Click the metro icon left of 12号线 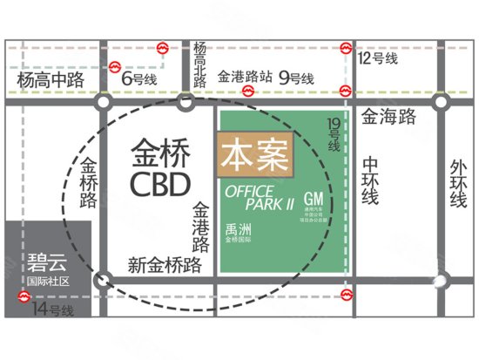(x=347, y=49)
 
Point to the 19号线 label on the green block (x=333, y=136)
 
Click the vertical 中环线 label (x=371, y=180)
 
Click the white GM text (x=314, y=198)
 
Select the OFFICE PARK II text (x=260, y=198)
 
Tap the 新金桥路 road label (x=165, y=263)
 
